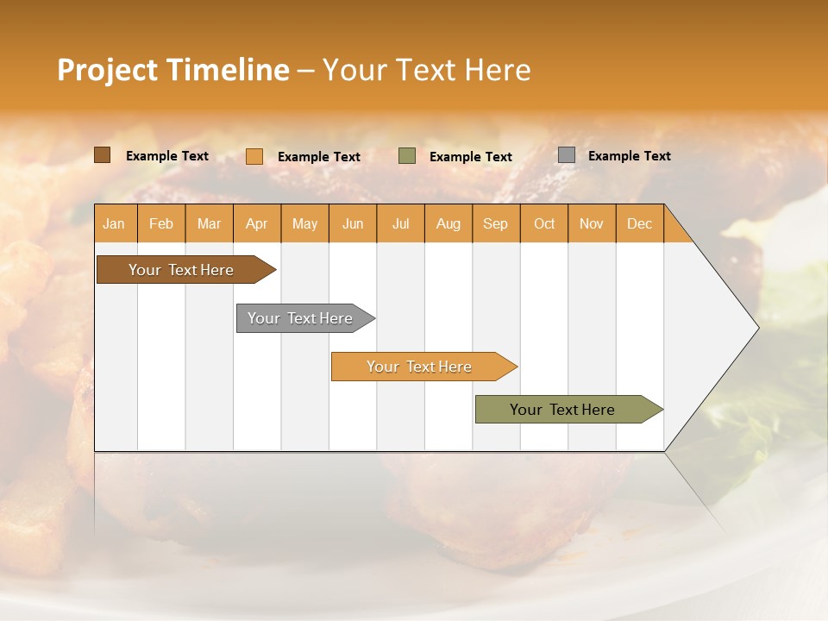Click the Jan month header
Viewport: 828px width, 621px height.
click(x=114, y=224)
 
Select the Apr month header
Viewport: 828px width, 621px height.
click(x=256, y=224)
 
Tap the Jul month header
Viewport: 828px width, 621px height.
click(x=400, y=224)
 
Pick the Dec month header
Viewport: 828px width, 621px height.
click(x=639, y=224)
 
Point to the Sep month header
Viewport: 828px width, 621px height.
click(x=495, y=224)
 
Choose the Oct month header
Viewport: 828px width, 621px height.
click(x=544, y=224)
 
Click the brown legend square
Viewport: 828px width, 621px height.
click(x=102, y=155)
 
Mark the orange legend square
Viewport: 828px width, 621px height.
click(x=254, y=156)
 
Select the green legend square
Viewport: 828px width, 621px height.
click(x=407, y=156)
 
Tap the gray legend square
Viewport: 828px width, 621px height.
click(x=567, y=155)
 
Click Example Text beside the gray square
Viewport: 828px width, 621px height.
click(x=629, y=156)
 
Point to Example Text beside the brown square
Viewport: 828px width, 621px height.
click(x=167, y=156)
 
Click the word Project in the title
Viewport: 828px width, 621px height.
click(x=108, y=71)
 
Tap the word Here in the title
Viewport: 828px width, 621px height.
click(x=498, y=71)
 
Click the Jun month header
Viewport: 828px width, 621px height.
click(x=353, y=224)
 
